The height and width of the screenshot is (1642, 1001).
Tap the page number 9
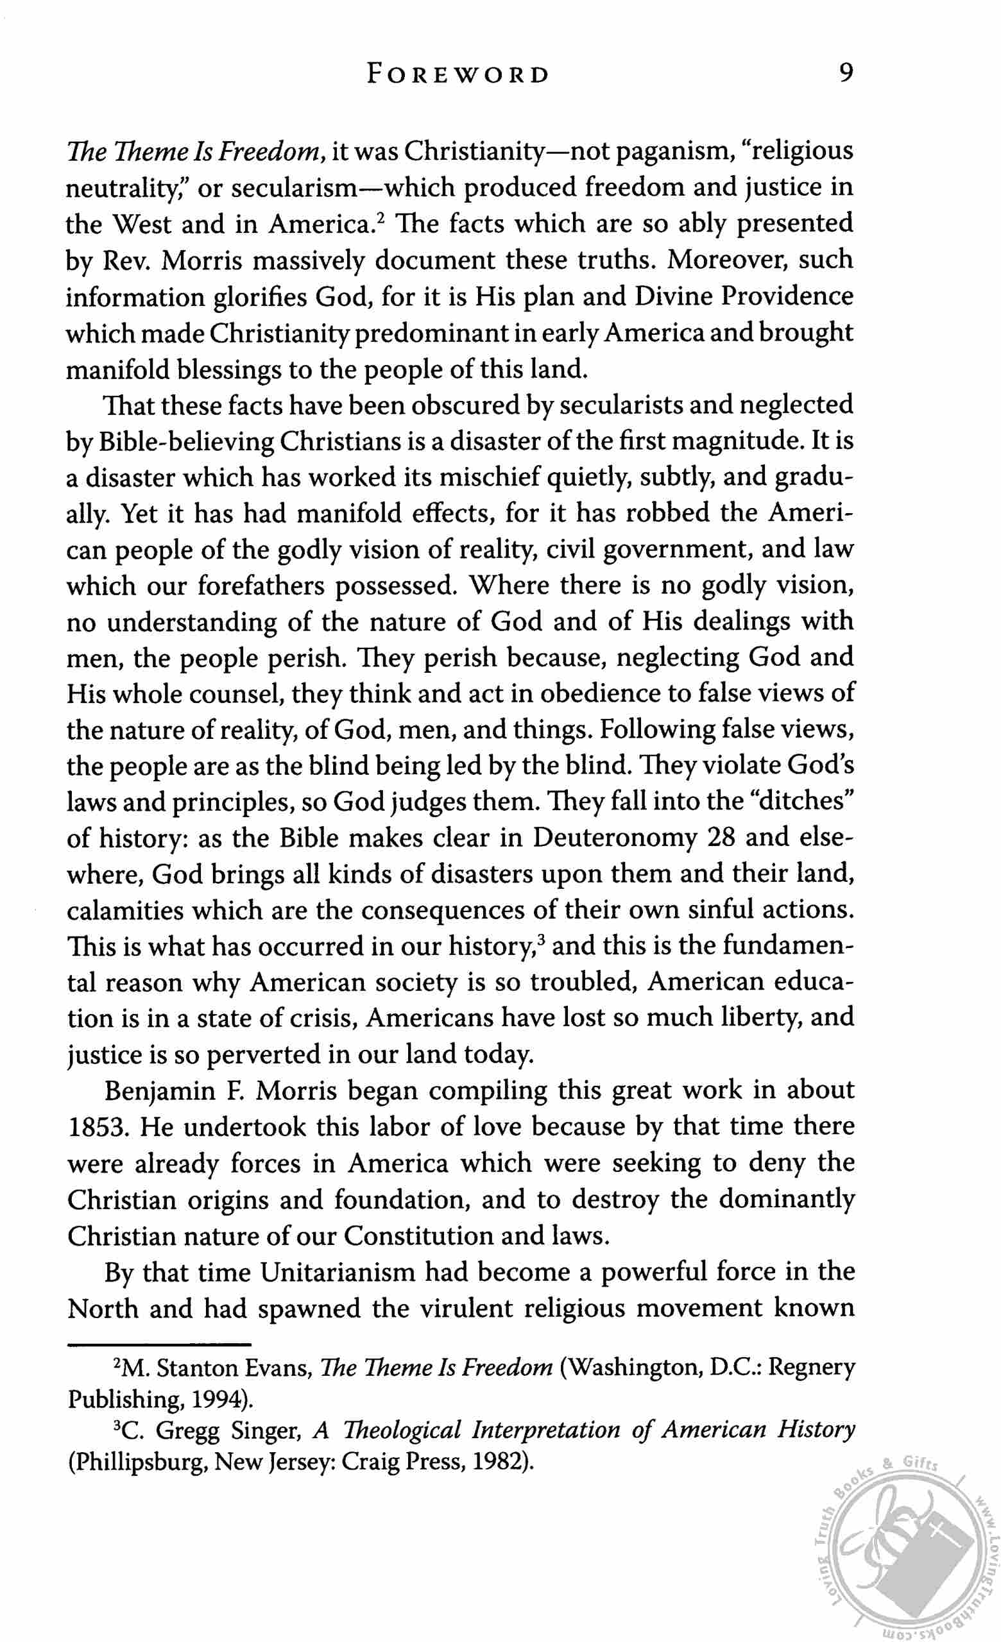tap(844, 72)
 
